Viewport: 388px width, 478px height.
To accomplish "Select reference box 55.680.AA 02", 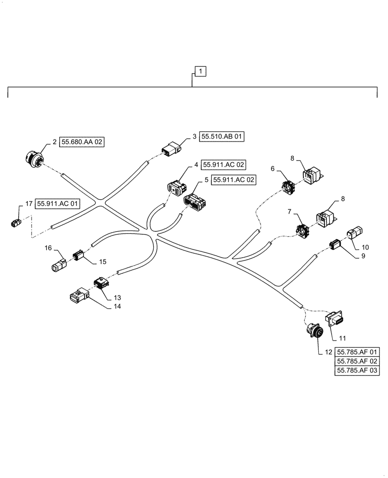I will pos(82,142).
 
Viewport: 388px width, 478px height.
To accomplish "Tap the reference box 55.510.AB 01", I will pos(222,137).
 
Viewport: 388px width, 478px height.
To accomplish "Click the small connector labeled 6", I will pos(288,187).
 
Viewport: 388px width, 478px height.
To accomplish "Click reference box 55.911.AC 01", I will pos(57,204).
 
